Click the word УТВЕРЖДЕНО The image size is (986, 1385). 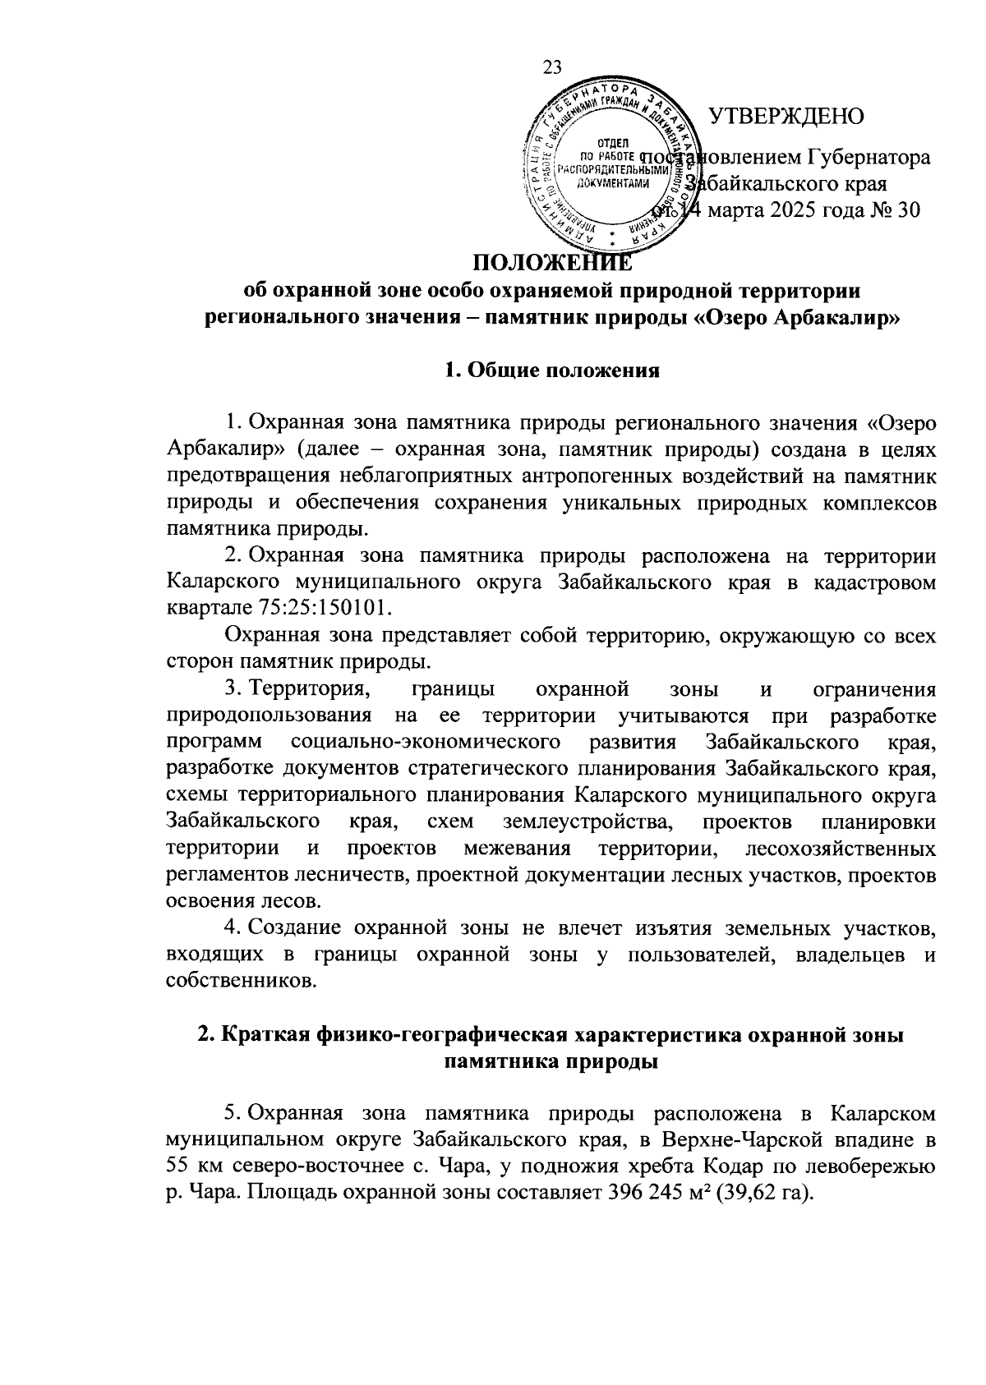pyautogui.click(x=786, y=116)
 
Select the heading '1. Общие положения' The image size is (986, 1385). pyautogui.click(x=551, y=370)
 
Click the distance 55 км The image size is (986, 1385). pyautogui.click(x=190, y=1165)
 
